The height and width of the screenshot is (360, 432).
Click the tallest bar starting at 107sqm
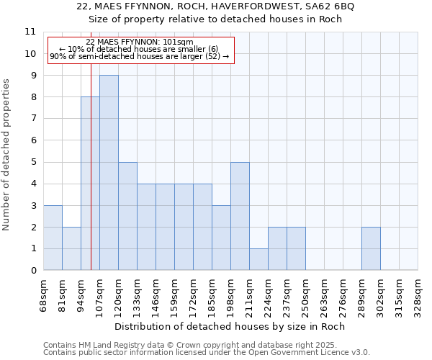[109, 173]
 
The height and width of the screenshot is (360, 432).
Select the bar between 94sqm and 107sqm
[90, 184]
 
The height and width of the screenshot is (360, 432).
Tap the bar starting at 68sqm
[53, 238]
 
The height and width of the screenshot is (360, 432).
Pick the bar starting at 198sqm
[240, 216]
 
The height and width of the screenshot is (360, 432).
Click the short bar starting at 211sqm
[258, 259]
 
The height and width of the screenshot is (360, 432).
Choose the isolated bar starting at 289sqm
[371, 248]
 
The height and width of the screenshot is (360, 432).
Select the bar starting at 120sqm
[127, 216]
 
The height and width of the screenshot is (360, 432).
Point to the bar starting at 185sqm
[221, 238]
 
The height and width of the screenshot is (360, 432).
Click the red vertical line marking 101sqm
[91, 144]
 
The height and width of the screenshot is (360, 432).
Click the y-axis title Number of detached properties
[7, 155]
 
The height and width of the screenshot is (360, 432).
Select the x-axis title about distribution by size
[230, 326]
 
